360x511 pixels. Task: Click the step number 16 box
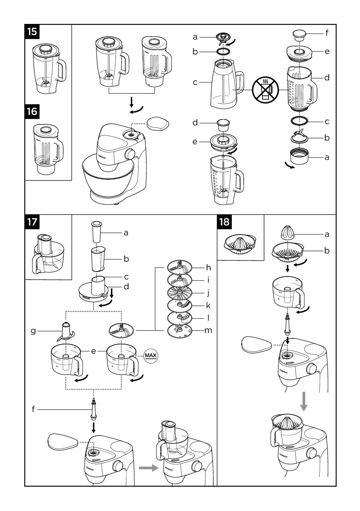click(x=32, y=111)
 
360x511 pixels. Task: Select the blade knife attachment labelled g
click(x=65, y=331)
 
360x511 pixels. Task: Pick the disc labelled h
click(x=180, y=267)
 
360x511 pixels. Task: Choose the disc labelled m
click(x=180, y=330)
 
